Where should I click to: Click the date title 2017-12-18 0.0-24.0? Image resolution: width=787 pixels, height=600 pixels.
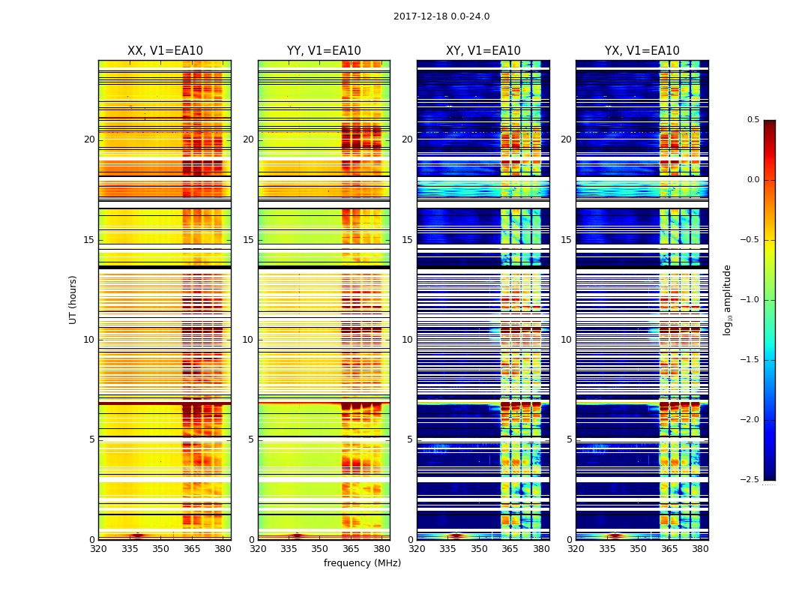(441, 16)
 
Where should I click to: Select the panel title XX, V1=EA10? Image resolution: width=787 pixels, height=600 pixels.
(165, 51)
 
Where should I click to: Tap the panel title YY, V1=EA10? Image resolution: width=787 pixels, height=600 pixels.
(324, 51)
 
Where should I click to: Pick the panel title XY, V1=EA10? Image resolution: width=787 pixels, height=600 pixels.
(483, 51)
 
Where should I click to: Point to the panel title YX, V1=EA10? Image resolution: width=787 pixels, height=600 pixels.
(642, 51)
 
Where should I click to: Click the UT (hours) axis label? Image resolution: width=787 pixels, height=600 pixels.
(73, 299)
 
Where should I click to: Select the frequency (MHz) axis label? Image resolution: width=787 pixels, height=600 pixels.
(362, 563)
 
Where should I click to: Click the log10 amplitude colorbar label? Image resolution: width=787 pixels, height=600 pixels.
(727, 299)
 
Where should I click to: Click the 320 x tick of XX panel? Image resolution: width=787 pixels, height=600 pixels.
(98, 548)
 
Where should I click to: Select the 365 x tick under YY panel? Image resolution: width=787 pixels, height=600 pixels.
(351, 548)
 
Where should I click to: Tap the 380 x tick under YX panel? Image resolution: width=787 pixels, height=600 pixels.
(700, 548)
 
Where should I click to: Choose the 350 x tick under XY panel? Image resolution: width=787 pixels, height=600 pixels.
(479, 548)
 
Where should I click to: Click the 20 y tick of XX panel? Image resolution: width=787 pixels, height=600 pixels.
(89, 139)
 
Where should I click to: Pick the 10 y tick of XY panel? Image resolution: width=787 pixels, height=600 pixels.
(407, 340)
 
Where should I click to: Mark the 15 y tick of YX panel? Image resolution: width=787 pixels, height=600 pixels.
(567, 240)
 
